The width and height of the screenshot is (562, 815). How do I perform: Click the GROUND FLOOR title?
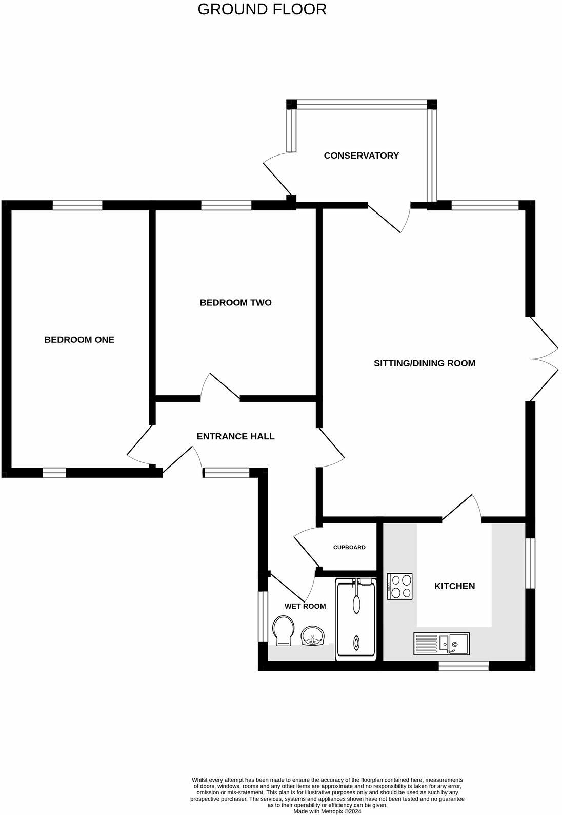pos(262,9)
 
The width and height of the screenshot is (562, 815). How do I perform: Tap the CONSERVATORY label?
pos(361,156)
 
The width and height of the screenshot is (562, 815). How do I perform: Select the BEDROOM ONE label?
pos(79,340)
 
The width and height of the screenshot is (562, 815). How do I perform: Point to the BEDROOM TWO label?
pos(235,303)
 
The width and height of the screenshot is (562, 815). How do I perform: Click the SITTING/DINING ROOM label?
pos(424,363)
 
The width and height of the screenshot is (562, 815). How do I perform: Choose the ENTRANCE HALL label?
pos(235,436)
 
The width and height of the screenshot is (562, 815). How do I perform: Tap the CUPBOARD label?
pos(349,547)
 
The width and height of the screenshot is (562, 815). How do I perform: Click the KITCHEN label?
pos(454,586)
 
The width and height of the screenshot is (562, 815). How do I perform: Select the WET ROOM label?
pos(305,606)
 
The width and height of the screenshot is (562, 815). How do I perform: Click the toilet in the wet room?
pos(283,631)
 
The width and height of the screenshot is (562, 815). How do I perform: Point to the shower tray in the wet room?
pos(355,619)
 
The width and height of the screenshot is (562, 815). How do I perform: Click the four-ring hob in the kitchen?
pos(400,586)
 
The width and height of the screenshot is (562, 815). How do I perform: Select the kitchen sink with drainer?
pos(441,644)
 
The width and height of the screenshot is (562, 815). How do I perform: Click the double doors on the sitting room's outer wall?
pos(544,359)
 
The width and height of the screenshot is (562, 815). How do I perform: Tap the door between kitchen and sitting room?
pos(461,509)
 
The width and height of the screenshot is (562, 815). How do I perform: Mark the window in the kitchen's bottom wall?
pos(464,666)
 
